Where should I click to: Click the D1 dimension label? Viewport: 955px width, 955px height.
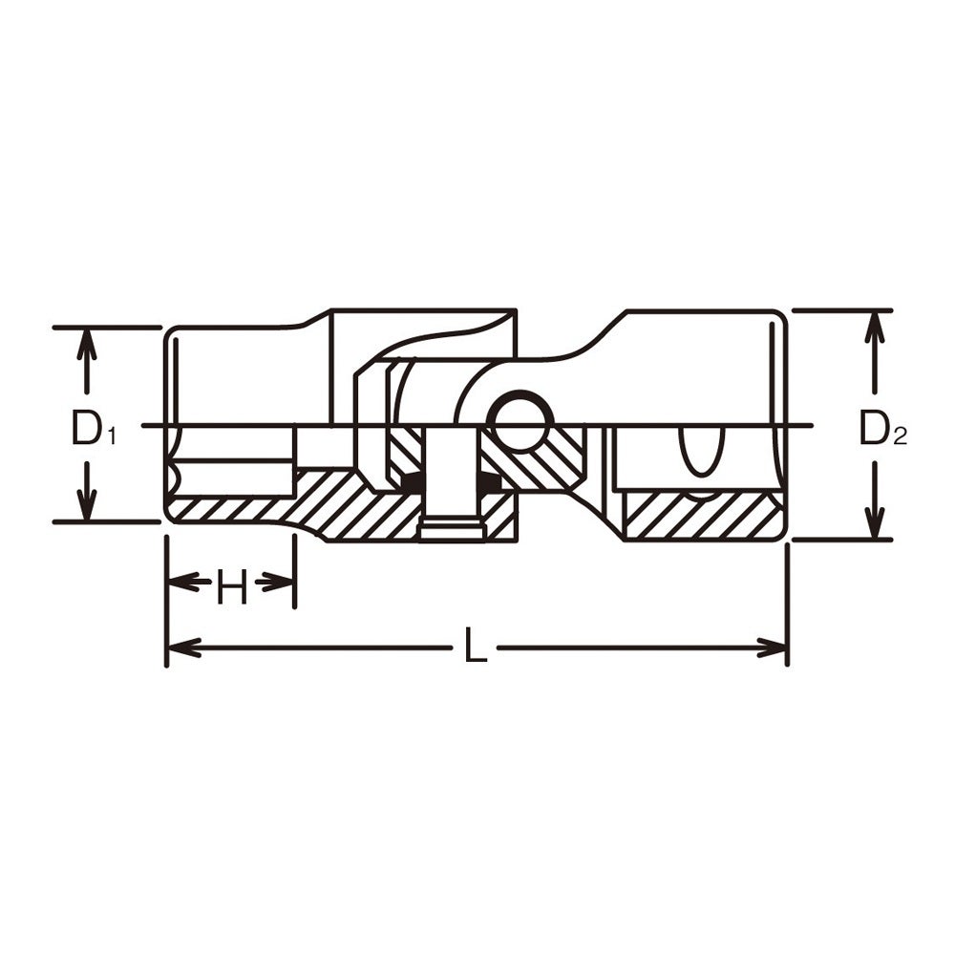[x=93, y=427]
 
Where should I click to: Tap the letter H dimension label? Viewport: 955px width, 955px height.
[x=232, y=587]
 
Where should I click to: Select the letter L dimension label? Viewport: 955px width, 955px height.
[x=475, y=645]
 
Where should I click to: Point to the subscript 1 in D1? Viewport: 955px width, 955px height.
[x=111, y=436]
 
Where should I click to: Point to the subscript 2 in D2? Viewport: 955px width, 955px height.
[x=901, y=436]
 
